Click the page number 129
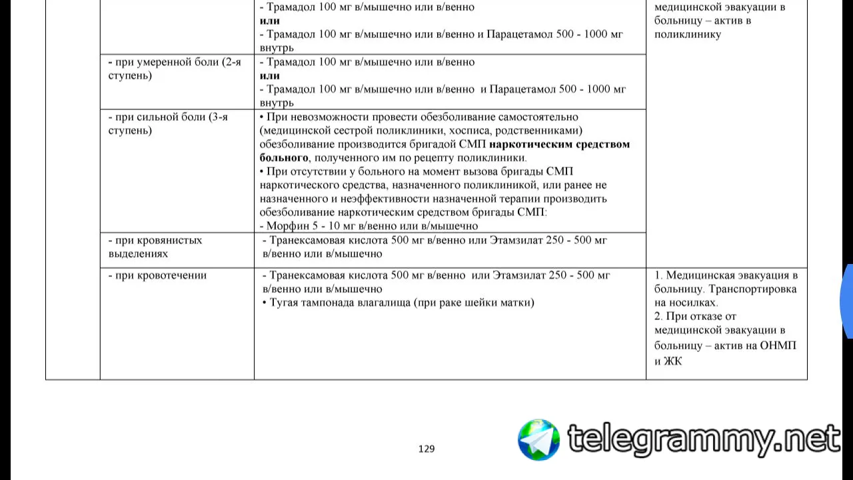pos(426,449)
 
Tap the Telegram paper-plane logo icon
pos(539,440)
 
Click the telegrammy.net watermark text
pos(703,439)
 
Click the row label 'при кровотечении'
pos(157,275)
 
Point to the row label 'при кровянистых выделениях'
pos(155,247)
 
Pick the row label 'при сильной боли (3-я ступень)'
pos(168,123)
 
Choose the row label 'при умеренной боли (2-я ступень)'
pos(174,69)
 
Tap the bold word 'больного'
pos(283,158)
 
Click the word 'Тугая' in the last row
pos(284,303)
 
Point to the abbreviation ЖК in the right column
pos(673,361)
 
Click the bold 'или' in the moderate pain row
pos(270,75)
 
